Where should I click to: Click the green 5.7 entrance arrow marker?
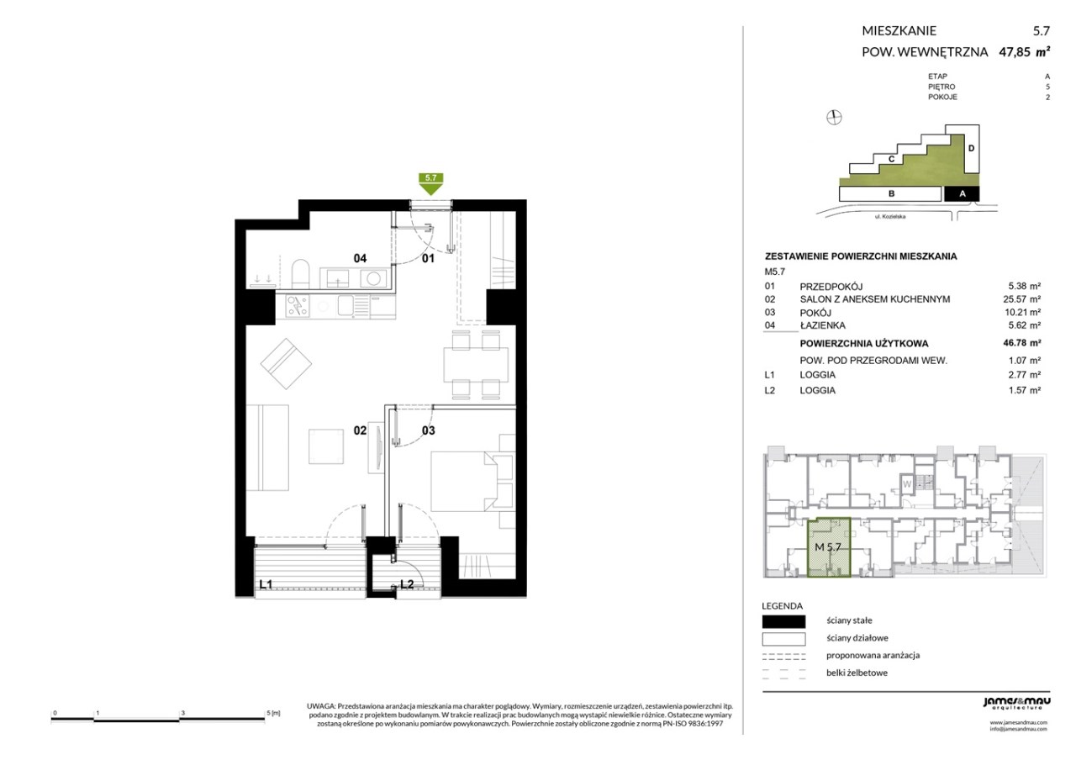431,183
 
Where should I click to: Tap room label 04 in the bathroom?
360,258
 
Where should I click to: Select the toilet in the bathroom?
301,274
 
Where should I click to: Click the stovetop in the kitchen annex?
298,307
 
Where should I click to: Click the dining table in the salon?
476,365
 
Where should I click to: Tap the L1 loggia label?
266,584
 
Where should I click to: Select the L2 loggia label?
407,584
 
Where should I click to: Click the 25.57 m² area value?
1024,298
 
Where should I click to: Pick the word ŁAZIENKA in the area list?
822,325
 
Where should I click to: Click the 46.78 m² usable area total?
1024,343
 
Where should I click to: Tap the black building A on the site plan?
962,193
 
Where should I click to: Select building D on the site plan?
971,149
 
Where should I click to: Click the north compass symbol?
834,117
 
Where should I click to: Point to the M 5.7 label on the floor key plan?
828,546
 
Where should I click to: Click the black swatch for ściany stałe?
783,621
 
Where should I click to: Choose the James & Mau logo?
1016,703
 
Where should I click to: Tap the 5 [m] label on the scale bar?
273,713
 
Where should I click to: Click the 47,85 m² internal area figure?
1024,52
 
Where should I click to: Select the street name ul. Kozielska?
889,217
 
